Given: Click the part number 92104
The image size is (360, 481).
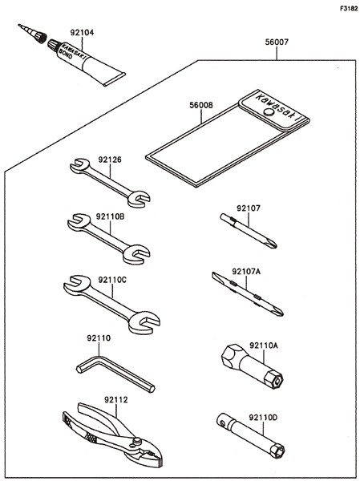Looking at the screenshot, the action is click(x=82, y=33).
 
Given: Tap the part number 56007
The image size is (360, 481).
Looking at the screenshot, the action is click(x=277, y=42).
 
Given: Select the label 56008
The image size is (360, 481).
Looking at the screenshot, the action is click(x=201, y=105).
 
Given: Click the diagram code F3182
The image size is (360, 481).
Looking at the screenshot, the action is click(x=349, y=9).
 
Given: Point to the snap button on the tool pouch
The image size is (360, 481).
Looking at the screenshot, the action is click(x=269, y=111).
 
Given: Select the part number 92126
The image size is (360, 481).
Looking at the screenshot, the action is click(x=110, y=160).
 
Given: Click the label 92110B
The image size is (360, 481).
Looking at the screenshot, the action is click(x=110, y=217).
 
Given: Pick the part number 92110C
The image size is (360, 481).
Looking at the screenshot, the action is click(x=112, y=280).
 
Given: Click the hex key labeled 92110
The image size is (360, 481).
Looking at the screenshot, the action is click(x=115, y=374).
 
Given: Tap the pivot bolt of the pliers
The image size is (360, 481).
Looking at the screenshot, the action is click(x=136, y=442).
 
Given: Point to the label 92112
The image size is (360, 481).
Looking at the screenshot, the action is click(x=115, y=400).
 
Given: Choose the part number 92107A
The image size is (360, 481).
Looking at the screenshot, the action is click(x=246, y=272).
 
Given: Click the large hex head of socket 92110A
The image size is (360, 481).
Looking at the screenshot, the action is click(x=231, y=357).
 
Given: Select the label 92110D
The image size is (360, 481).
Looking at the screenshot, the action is click(x=263, y=418).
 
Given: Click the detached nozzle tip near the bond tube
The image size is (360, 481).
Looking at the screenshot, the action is click(x=32, y=34).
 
